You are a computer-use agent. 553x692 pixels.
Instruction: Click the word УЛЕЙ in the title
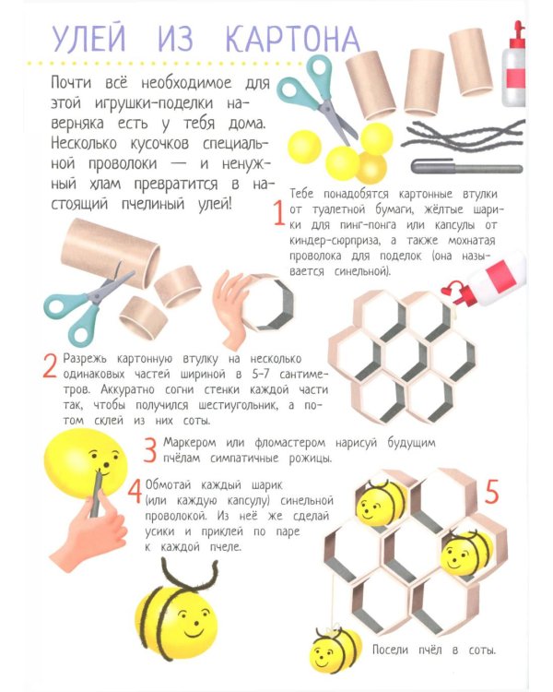88,38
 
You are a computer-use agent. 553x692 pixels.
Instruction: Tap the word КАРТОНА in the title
293,39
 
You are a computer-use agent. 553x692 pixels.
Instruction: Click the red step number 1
278,213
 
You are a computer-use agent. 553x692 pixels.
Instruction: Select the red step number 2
50,366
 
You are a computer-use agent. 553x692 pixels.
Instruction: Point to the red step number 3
150,449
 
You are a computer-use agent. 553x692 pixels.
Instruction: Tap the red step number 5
491,492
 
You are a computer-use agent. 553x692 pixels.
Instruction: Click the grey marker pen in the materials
466,167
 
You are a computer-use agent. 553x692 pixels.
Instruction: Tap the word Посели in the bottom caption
390,650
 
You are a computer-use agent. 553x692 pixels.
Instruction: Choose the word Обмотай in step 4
169,485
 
